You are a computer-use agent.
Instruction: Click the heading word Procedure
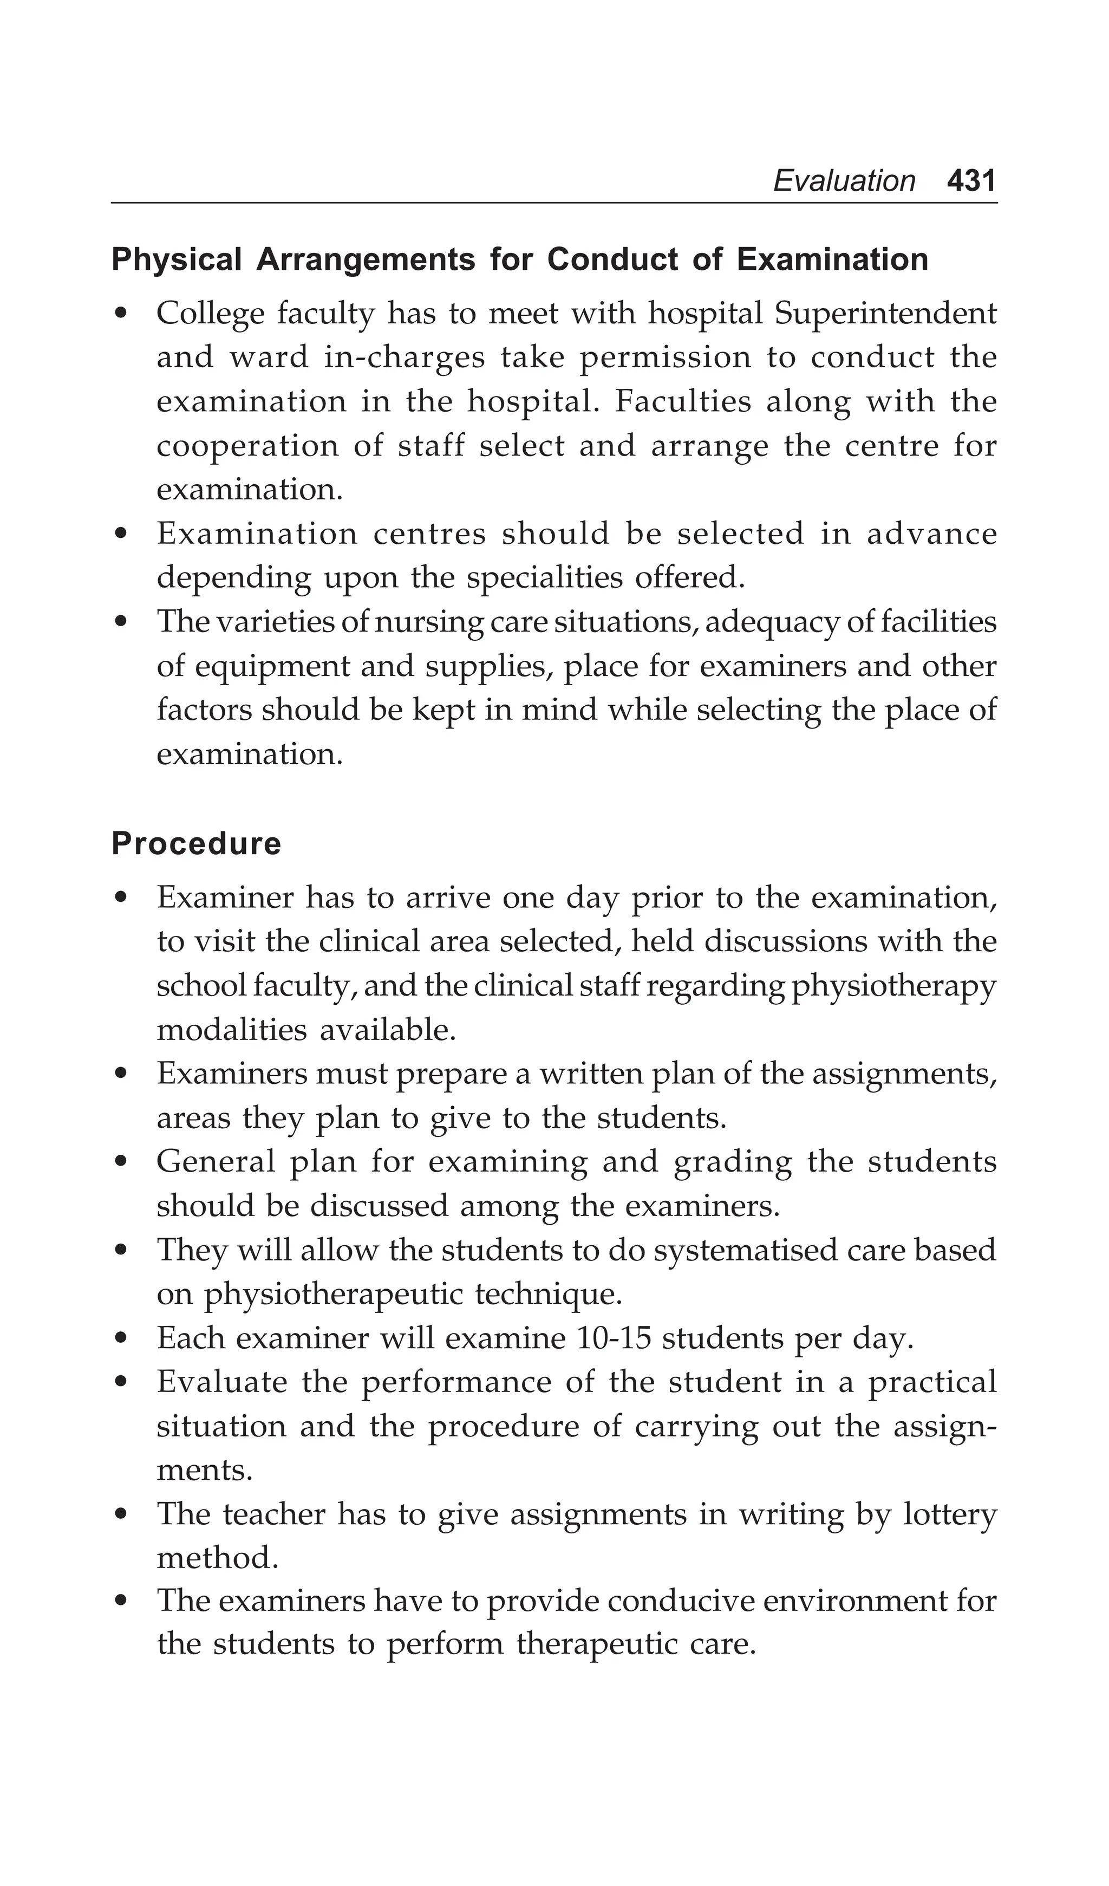point(196,843)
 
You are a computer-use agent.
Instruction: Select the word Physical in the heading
point(177,259)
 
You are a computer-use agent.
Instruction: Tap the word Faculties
point(682,401)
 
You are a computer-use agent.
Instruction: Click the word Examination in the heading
point(832,259)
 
